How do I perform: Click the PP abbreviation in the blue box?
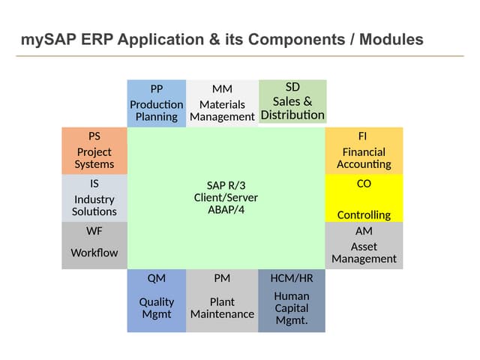click(156, 89)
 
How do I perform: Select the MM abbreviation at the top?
click(222, 89)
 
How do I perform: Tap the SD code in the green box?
click(292, 87)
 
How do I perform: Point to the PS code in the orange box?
click(94, 136)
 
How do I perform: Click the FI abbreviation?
click(364, 136)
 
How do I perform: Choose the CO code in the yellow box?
click(364, 183)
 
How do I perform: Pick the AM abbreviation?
click(364, 231)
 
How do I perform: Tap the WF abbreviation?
click(94, 231)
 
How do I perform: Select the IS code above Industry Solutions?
click(94, 183)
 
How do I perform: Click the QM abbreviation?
click(156, 278)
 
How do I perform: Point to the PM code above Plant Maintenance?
click(222, 278)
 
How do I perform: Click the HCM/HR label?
click(292, 278)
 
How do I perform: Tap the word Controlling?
click(364, 215)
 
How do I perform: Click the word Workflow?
click(94, 253)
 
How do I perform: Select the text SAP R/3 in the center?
click(226, 185)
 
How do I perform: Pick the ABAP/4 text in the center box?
click(226, 209)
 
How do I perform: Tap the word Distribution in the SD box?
click(292, 115)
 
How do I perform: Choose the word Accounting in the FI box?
click(364, 164)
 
